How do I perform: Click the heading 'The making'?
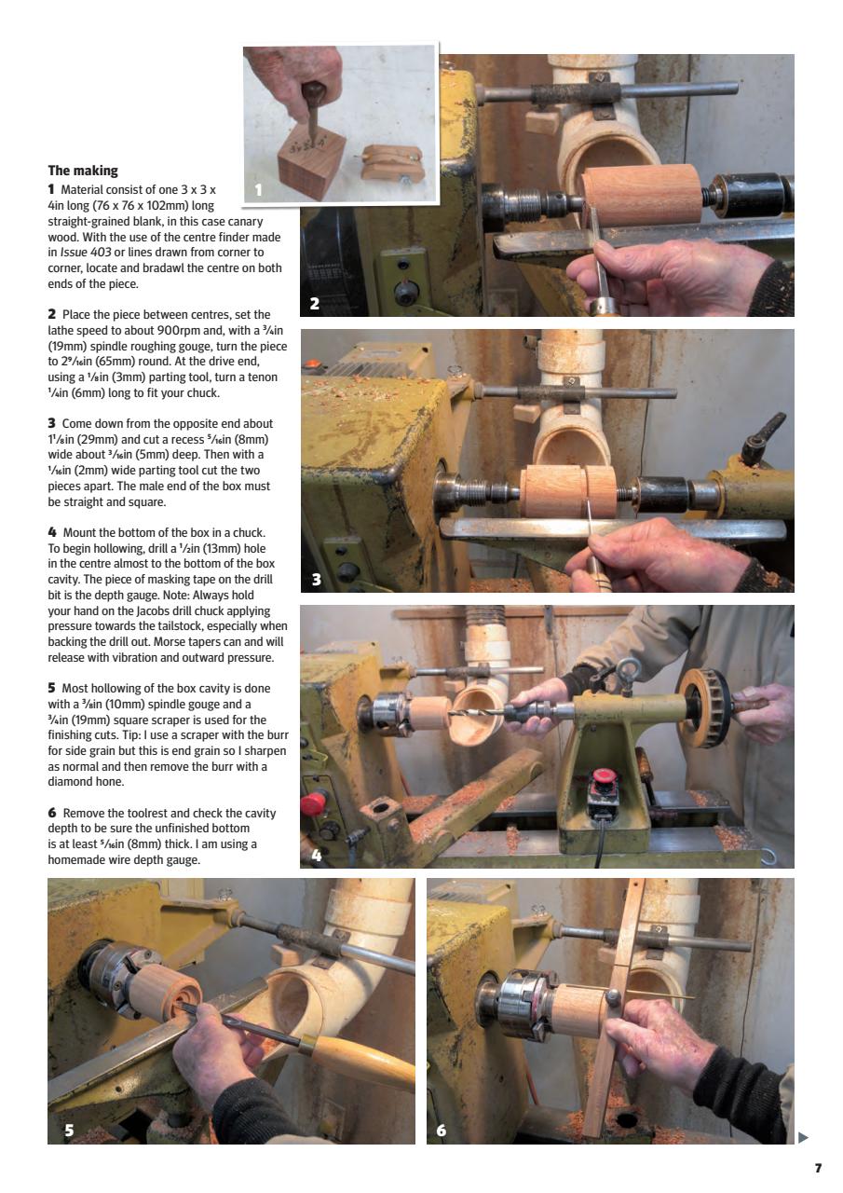(83, 171)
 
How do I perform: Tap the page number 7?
(818, 1168)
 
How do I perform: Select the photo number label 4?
(316, 854)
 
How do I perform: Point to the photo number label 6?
(442, 1130)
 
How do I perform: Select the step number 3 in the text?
(52, 423)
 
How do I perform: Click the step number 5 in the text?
(52, 688)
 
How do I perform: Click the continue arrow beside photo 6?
(804, 1136)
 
